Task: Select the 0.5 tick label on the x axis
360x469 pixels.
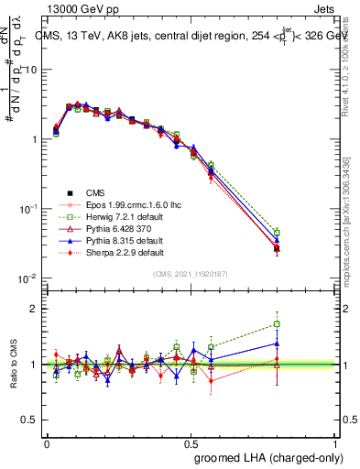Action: (x=191, y=442)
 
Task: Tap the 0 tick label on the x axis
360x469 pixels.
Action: (x=47, y=442)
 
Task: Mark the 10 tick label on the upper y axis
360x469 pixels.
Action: (x=30, y=70)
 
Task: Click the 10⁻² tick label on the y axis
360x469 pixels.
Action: (x=27, y=278)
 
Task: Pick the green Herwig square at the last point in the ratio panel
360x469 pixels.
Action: (x=277, y=324)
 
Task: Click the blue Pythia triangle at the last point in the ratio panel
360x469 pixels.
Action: (x=277, y=344)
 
